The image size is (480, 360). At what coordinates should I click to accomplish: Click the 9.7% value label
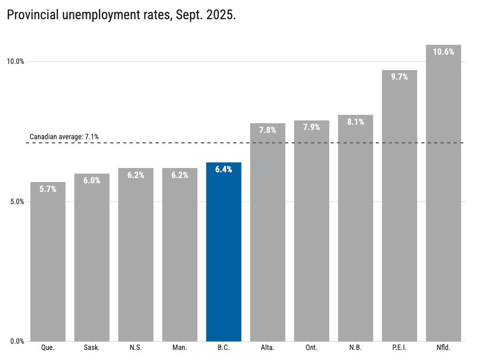pyautogui.click(x=399, y=76)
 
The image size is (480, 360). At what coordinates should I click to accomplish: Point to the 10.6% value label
pyautogui.click(x=443, y=52)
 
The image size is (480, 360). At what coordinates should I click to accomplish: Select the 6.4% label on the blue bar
pyautogui.click(x=224, y=169)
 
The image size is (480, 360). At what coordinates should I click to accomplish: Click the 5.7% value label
pyautogui.click(x=48, y=189)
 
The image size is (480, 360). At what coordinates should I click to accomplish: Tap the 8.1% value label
pyautogui.click(x=356, y=122)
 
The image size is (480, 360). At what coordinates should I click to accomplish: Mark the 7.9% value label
pyautogui.click(x=312, y=127)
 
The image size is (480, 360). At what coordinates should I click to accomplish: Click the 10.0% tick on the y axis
pyautogui.click(x=15, y=61)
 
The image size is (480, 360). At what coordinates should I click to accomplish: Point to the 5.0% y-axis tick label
pyautogui.click(x=17, y=202)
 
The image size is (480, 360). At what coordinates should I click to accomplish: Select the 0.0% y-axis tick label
pyautogui.click(x=17, y=342)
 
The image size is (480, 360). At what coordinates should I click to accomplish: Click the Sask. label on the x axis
pyautogui.click(x=92, y=348)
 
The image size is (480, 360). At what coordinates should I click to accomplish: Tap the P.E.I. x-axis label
pyautogui.click(x=399, y=348)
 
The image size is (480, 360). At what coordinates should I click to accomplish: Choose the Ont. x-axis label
pyautogui.click(x=312, y=348)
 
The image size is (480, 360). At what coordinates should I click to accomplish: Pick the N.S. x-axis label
pyautogui.click(x=136, y=348)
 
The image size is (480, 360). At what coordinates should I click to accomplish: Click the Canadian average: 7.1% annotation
pyautogui.click(x=64, y=137)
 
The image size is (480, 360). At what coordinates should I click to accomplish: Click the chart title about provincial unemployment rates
pyautogui.click(x=121, y=15)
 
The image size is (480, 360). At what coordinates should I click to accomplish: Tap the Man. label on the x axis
pyautogui.click(x=180, y=348)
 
